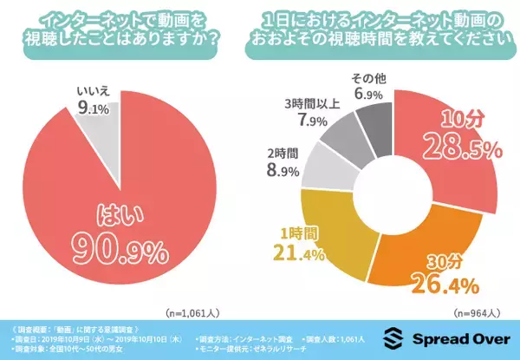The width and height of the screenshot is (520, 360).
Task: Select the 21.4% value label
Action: pos(298,253)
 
